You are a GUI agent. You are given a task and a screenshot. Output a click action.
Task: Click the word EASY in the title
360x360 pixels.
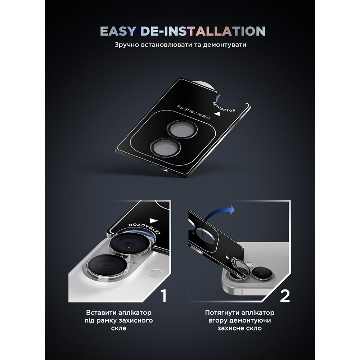(x=118, y=31)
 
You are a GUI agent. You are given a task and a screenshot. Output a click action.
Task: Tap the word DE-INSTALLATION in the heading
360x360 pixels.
(x=203, y=31)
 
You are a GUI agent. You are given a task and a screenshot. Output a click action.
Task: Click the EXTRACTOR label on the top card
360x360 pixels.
(x=224, y=107)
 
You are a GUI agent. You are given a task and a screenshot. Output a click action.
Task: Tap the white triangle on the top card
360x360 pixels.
(x=217, y=114)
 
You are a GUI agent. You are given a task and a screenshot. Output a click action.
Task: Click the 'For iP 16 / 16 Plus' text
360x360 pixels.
(x=193, y=112)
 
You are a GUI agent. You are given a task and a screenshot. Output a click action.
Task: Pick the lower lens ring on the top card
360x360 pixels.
(x=166, y=148)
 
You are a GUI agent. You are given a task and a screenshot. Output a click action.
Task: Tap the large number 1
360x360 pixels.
(x=163, y=296)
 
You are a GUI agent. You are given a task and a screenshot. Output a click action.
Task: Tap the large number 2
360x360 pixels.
(x=285, y=296)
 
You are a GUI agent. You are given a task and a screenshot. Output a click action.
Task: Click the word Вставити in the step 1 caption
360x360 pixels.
(x=101, y=313)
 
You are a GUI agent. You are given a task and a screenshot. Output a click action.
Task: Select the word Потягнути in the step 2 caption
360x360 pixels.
(x=222, y=313)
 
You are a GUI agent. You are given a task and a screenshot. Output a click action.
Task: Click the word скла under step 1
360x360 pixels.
(x=119, y=328)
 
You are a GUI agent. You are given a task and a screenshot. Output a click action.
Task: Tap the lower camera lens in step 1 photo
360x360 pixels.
(x=107, y=266)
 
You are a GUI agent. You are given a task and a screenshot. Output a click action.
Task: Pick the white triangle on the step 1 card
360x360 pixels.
(x=154, y=221)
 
